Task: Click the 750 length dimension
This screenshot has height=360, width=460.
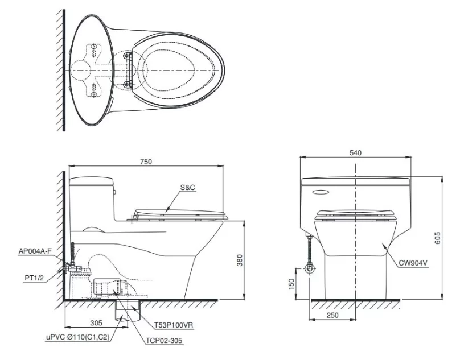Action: point(146,162)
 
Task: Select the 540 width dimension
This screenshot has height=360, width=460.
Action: point(356,152)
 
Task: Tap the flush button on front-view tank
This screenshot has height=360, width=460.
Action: point(321,192)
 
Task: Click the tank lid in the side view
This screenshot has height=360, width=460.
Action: point(93,182)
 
